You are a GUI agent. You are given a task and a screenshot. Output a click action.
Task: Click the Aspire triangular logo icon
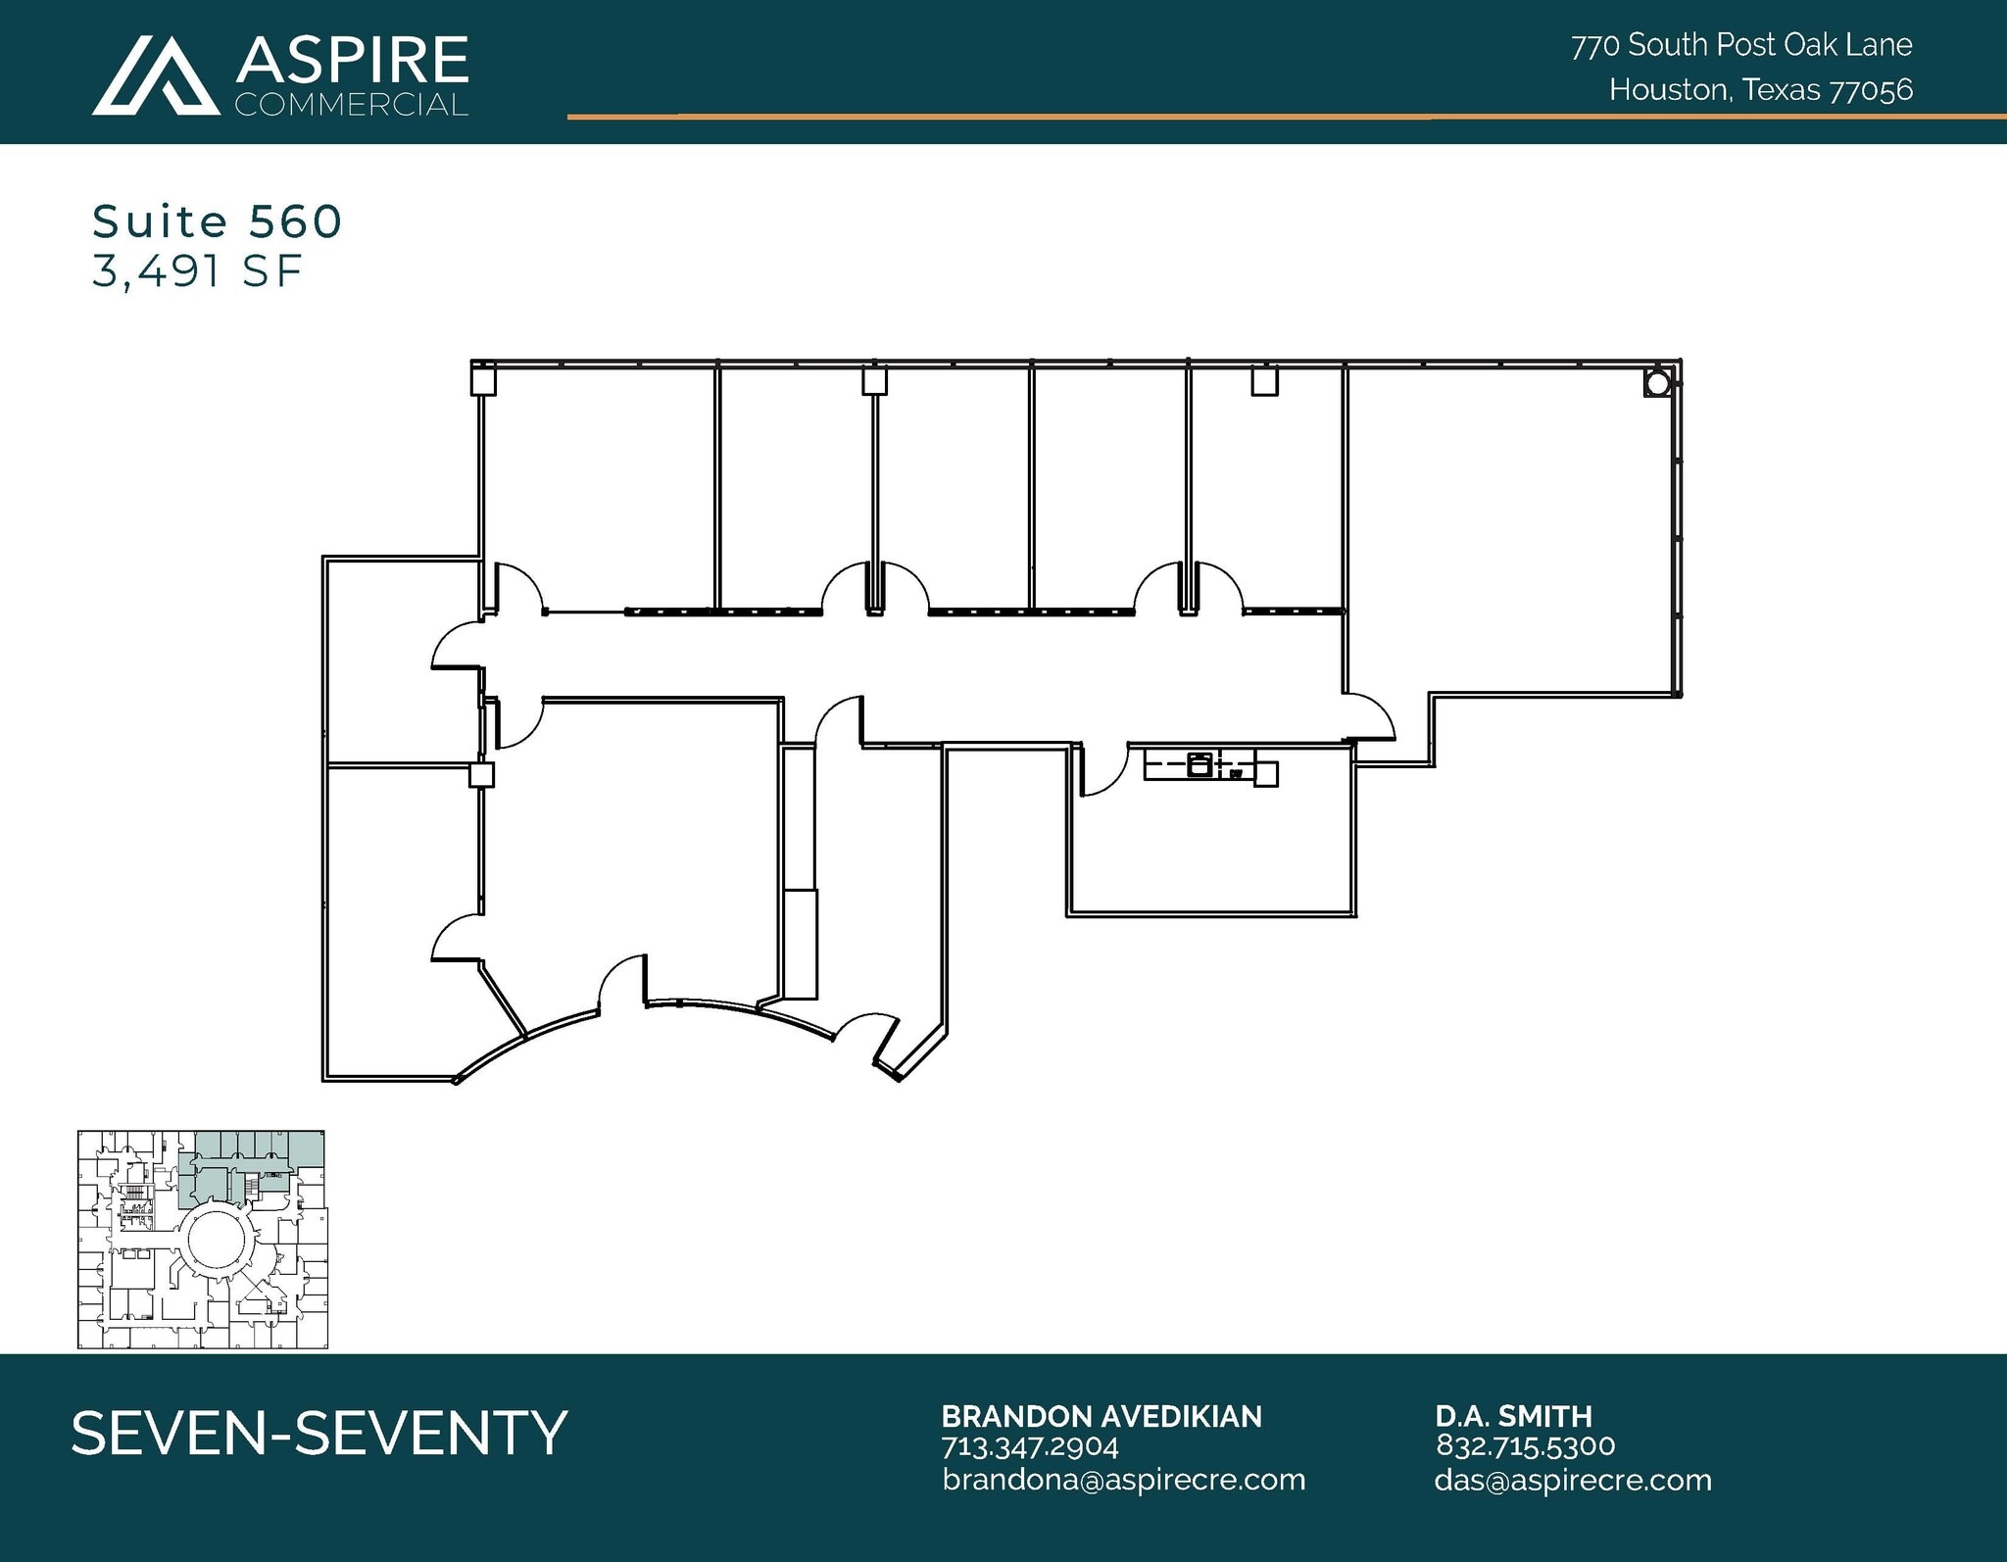click(x=155, y=76)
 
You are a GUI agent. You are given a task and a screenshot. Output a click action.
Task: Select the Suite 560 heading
click(x=217, y=221)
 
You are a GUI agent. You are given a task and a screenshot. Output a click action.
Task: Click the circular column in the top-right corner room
click(x=1656, y=384)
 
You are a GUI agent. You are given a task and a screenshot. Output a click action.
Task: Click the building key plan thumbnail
click(x=202, y=1240)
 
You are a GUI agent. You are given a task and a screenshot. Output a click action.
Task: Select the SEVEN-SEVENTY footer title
click(x=319, y=1433)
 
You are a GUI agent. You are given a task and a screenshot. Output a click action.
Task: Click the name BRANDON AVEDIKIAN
click(x=1101, y=1416)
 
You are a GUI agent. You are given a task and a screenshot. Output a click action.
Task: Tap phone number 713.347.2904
click(x=1029, y=1446)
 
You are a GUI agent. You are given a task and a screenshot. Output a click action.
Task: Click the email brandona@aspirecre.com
click(x=1123, y=1480)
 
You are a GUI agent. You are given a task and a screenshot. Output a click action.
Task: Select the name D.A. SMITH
click(x=1513, y=1416)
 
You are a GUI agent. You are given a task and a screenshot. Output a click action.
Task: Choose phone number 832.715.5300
click(x=1525, y=1445)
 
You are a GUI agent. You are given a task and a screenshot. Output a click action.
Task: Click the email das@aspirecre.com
click(x=1572, y=1480)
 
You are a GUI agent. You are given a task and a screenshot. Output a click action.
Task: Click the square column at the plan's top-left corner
click(x=483, y=379)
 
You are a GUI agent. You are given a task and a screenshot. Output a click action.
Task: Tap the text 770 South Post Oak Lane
click(x=1740, y=45)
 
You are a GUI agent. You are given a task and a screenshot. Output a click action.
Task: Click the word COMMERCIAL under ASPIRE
click(x=352, y=105)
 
